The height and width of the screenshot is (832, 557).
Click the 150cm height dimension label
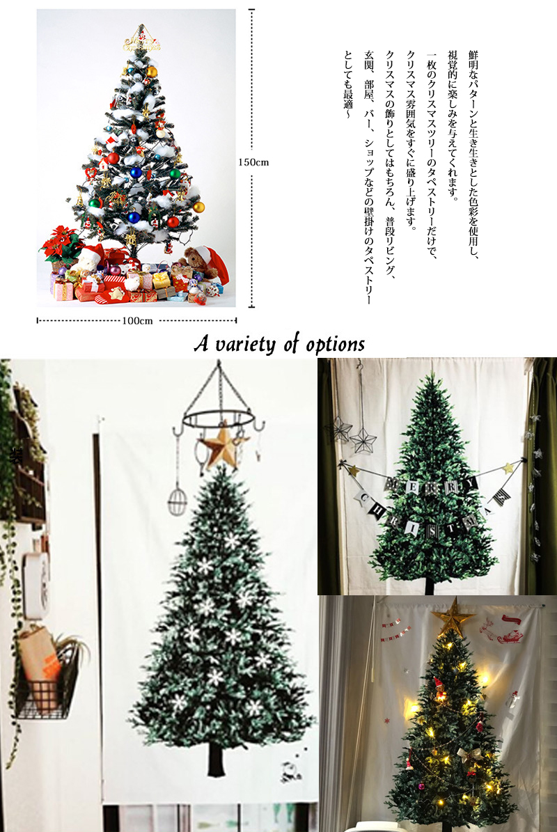(x=253, y=162)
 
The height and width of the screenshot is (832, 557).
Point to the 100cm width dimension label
(x=137, y=320)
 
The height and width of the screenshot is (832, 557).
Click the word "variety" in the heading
(x=246, y=345)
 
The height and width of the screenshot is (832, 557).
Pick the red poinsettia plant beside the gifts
(x=61, y=244)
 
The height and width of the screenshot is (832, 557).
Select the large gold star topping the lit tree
(x=452, y=616)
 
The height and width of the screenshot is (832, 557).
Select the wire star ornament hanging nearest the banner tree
(x=364, y=439)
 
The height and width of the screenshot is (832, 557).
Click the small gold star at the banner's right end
(x=509, y=468)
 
